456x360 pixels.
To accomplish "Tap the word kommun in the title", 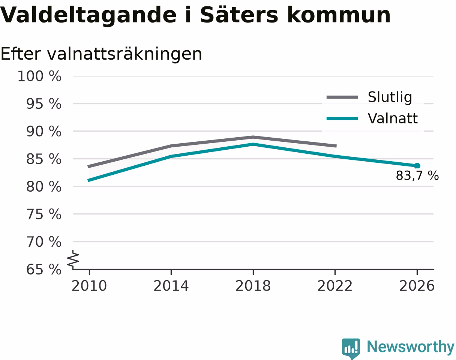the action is (x=339, y=15).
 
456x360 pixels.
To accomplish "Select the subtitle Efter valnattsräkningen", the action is (x=101, y=54).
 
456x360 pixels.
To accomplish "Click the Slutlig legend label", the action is (x=390, y=97).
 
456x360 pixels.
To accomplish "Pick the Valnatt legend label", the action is (x=393, y=118).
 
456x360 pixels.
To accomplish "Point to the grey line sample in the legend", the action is (x=342, y=97).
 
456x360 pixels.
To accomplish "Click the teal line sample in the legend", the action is (x=342, y=118).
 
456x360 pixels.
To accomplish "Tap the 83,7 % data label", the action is (x=417, y=175).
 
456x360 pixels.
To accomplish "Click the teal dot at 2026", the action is (x=417, y=166).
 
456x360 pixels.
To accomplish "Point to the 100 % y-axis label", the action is (x=39, y=76).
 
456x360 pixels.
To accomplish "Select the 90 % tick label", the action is (x=44, y=131).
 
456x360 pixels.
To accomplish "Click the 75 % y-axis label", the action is (x=44, y=214).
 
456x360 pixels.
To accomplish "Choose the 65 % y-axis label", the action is (x=44, y=270).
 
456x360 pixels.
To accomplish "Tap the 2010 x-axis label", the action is (x=89, y=286).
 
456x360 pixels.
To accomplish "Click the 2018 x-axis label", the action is (x=253, y=286).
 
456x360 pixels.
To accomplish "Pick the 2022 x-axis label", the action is (x=335, y=286).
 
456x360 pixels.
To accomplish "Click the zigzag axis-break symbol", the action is (x=73, y=258).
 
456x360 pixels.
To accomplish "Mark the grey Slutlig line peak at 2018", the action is (x=253, y=137).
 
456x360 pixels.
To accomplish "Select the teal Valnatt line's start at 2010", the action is (x=89, y=180).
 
